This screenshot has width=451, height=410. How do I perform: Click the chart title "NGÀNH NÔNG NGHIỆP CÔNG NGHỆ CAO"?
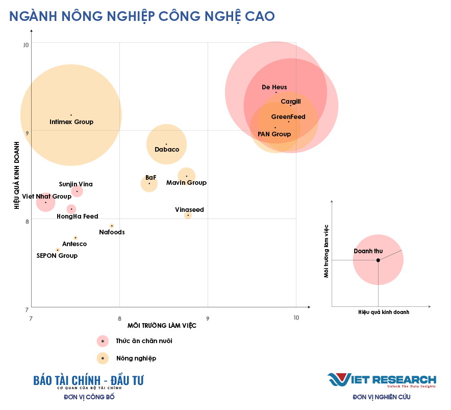click(142, 16)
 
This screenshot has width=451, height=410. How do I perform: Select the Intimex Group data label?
click(71, 122)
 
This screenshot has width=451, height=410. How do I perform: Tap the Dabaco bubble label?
click(167, 150)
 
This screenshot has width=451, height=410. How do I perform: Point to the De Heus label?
click(274, 87)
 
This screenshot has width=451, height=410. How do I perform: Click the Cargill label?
click(291, 102)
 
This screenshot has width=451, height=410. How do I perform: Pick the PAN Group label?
click(274, 134)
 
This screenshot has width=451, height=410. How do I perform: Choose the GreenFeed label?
click(288, 117)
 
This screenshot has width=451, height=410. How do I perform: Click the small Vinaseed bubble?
click(188, 215)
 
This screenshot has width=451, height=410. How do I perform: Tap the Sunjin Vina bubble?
click(77, 191)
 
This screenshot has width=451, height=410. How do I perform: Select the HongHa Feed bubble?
click(71, 209)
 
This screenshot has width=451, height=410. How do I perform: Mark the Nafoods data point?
click(112, 226)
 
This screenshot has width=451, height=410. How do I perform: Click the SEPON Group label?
click(57, 255)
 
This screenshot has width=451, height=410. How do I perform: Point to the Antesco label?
click(74, 244)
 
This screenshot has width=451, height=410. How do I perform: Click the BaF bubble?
click(149, 184)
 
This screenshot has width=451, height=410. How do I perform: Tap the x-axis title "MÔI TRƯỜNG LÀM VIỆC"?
click(162, 326)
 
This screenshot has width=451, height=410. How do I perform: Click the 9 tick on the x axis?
click(208, 317)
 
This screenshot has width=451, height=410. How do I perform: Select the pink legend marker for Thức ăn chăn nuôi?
click(103, 341)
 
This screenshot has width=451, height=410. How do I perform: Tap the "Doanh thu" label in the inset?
click(368, 251)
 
